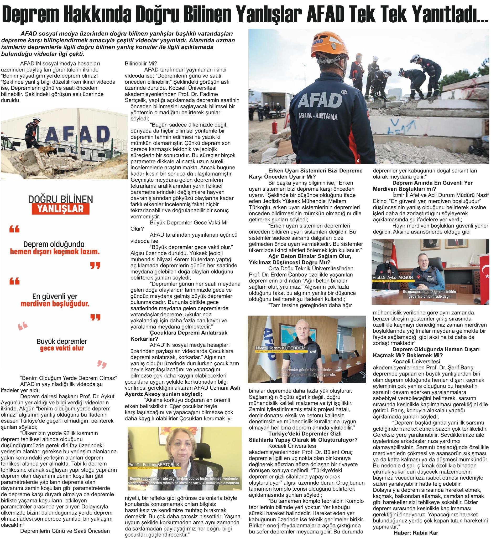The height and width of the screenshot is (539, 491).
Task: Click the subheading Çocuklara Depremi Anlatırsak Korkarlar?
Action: coord(179,335)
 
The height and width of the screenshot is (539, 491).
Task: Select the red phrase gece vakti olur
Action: coord(62,348)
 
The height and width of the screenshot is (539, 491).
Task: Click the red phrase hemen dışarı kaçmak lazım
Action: coord(55,252)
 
